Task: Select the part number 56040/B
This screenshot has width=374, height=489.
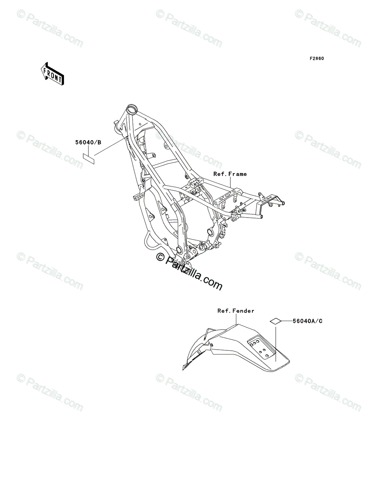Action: [x=88, y=143]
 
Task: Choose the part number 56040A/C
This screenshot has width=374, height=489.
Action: [x=307, y=321]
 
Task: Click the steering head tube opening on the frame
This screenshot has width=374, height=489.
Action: [x=131, y=109]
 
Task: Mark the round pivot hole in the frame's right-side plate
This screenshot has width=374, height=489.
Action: [x=210, y=232]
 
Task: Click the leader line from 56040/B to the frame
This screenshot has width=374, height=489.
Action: [x=110, y=147]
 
